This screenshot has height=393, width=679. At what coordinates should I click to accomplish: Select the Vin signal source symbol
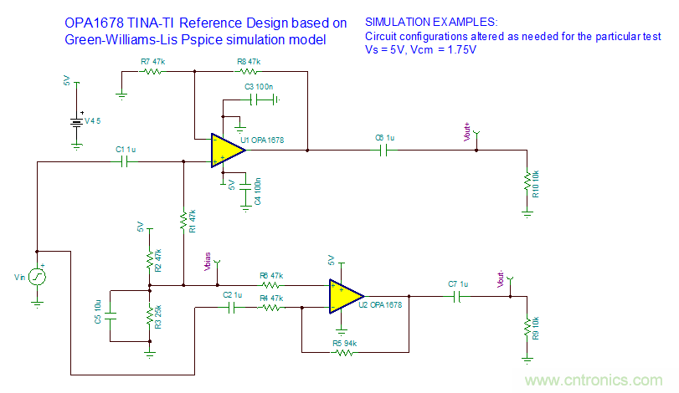(37, 276)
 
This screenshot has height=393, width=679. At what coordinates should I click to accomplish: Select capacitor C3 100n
(261, 100)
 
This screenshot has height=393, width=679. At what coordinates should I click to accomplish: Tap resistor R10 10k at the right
(527, 182)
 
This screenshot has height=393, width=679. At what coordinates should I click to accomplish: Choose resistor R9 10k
(527, 326)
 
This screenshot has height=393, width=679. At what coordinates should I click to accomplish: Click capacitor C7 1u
(457, 295)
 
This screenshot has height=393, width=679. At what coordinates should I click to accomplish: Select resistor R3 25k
(149, 317)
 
